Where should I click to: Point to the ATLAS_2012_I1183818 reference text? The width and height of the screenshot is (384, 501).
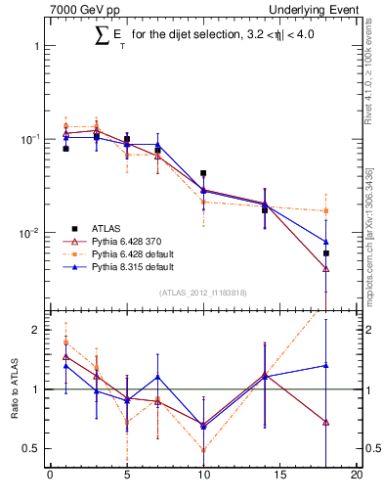(202, 293)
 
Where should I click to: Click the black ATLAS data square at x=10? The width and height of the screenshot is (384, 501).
(203, 173)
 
